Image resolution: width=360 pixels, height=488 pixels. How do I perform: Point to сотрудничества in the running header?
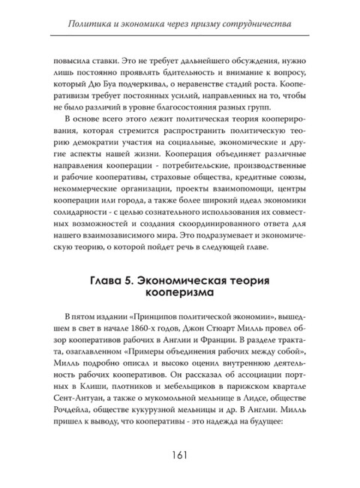coord(253,25)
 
